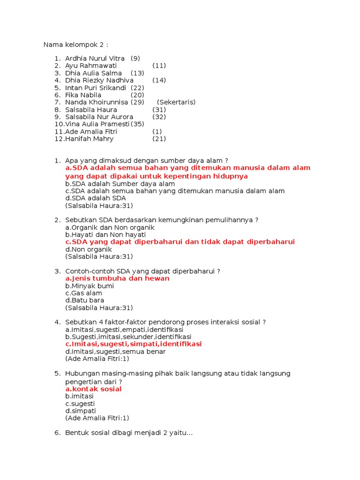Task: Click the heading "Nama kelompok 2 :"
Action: tap(76, 45)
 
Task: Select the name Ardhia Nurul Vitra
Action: tap(95, 59)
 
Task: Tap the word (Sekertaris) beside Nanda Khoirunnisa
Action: tap(176, 102)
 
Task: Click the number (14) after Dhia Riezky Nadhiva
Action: tap(159, 80)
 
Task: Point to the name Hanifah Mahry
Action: tap(90, 139)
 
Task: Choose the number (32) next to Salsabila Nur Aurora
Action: tap(159, 117)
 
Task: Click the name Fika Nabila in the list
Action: tap(83, 95)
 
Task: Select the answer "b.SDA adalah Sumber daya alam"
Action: tap(120, 184)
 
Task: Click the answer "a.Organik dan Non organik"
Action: tap(110, 227)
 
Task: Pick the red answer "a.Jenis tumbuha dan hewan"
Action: tap(117, 278)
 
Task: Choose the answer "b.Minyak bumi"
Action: tap(90, 286)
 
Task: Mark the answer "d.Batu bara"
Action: tap(85, 300)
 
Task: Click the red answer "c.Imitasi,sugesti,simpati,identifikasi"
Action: tap(134, 344)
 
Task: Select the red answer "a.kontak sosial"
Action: tap(93, 389)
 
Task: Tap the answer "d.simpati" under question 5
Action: tap(81, 411)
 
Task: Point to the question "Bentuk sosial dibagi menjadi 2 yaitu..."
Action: tap(129, 433)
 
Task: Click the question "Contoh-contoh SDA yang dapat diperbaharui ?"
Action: tap(142, 271)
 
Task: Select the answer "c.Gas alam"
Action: tap(84, 293)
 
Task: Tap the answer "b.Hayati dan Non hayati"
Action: tap(105, 234)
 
